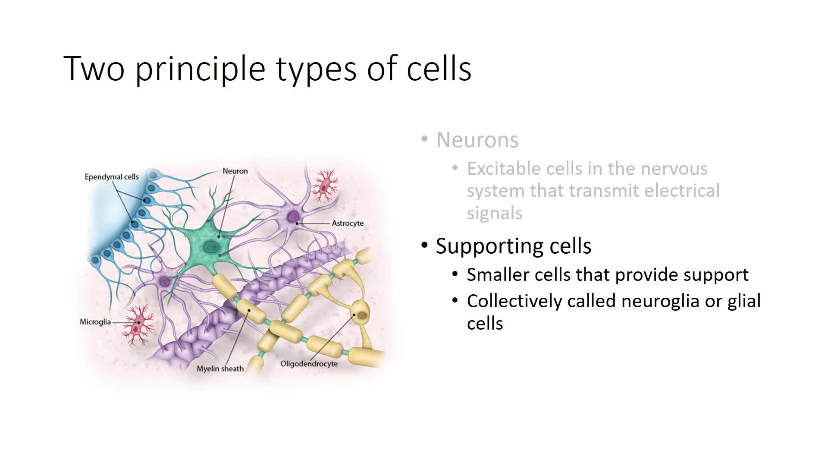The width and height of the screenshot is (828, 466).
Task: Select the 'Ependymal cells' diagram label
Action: point(112,177)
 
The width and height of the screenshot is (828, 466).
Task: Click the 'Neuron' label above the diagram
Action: point(235,171)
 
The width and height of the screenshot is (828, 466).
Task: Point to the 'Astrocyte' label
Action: point(348,223)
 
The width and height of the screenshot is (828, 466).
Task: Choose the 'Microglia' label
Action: point(95,322)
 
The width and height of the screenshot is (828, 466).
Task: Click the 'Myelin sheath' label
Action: point(220,368)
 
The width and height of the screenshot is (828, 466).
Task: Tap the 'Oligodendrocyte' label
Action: point(309,364)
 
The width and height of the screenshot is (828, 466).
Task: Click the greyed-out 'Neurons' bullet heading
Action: point(477,140)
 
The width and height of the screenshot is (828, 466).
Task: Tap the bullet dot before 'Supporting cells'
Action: point(425,246)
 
